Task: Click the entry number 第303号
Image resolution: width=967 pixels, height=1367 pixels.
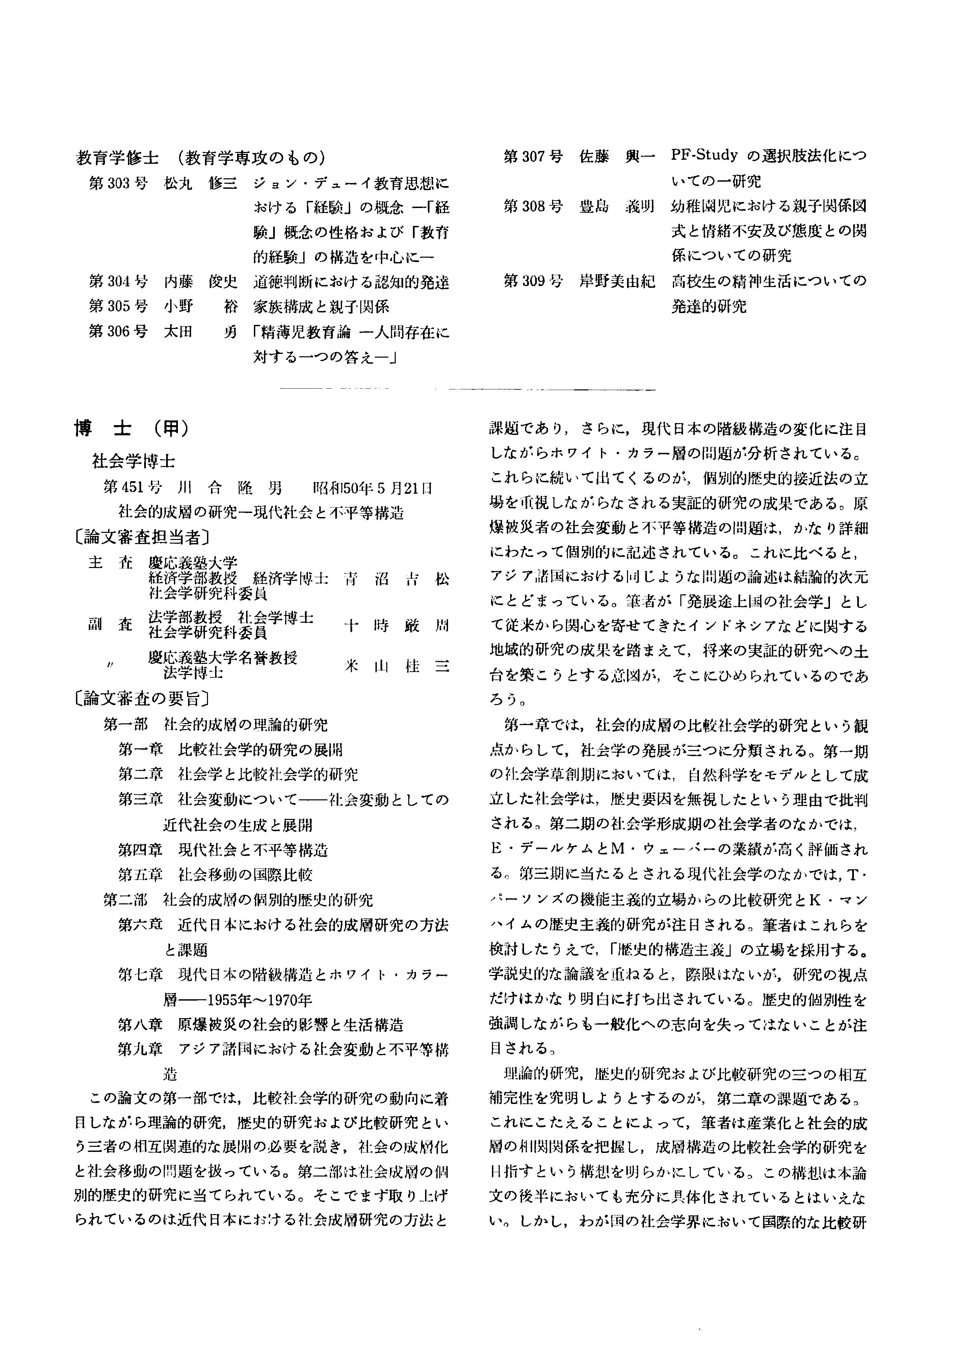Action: (118, 183)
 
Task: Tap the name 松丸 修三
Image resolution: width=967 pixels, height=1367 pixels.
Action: (200, 183)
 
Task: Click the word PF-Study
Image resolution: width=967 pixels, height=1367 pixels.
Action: (704, 156)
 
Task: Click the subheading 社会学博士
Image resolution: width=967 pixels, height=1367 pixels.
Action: (133, 460)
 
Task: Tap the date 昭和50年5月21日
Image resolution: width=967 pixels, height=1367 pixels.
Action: (373, 488)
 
